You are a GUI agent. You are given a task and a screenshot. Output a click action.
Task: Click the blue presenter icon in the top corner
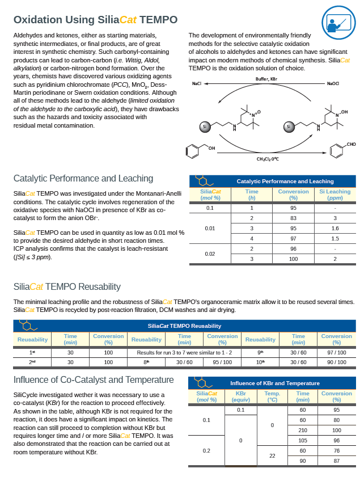[x=338, y=22]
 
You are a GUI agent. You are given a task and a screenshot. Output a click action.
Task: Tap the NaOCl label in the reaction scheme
[x=332, y=83]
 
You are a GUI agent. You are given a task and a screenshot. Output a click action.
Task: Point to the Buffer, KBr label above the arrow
[x=266, y=79]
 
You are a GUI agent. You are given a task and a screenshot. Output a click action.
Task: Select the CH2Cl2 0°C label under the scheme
[x=267, y=159]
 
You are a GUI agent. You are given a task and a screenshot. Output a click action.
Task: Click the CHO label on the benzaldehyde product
[x=351, y=145]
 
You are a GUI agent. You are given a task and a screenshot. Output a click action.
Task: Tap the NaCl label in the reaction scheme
[x=197, y=83]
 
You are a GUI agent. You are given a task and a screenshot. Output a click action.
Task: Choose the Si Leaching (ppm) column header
[x=334, y=195]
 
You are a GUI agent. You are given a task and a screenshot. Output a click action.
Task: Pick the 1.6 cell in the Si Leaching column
[x=334, y=229]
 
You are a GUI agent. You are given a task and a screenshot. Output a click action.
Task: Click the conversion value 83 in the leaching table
[x=293, y=218]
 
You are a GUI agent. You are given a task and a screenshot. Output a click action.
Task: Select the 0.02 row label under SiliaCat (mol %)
[x=210, y=254]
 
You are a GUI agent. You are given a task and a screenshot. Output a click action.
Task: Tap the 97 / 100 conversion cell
[x=336, y=352]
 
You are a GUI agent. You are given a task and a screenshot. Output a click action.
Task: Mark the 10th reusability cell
[x=260, y=362]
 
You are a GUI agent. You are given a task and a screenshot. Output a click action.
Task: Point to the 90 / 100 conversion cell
[x=336, y=362]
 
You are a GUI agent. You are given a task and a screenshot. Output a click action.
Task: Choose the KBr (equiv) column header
[x=240, y=396]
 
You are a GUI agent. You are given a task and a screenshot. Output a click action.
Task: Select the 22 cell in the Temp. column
[x=272, y=455]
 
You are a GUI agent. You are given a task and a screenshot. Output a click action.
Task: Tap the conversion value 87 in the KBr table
[x=336, y=461]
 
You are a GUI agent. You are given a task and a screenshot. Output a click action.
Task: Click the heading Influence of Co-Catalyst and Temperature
[x=94, y=379]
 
